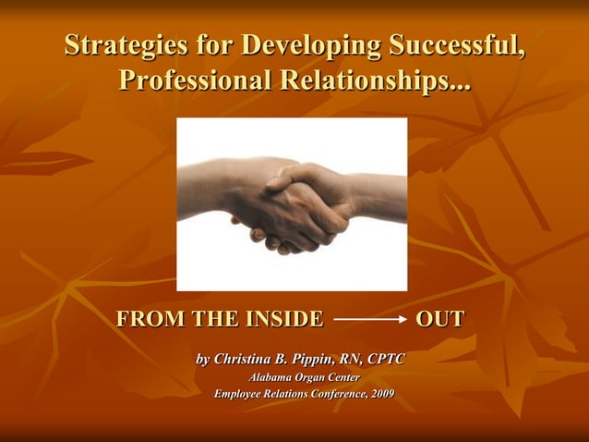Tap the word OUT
[439, 320]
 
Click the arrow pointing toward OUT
[370, 321]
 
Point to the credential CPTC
[386, 358]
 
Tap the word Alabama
[271, 377]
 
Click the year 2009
[380, 395]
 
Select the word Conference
[332, 395]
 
